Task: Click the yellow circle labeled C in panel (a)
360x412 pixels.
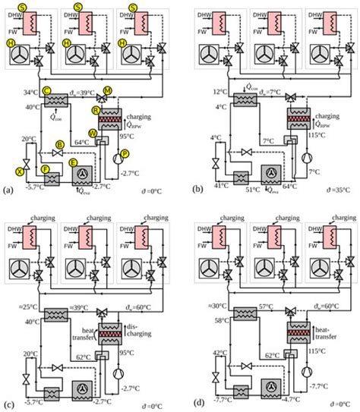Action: [47, 91]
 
